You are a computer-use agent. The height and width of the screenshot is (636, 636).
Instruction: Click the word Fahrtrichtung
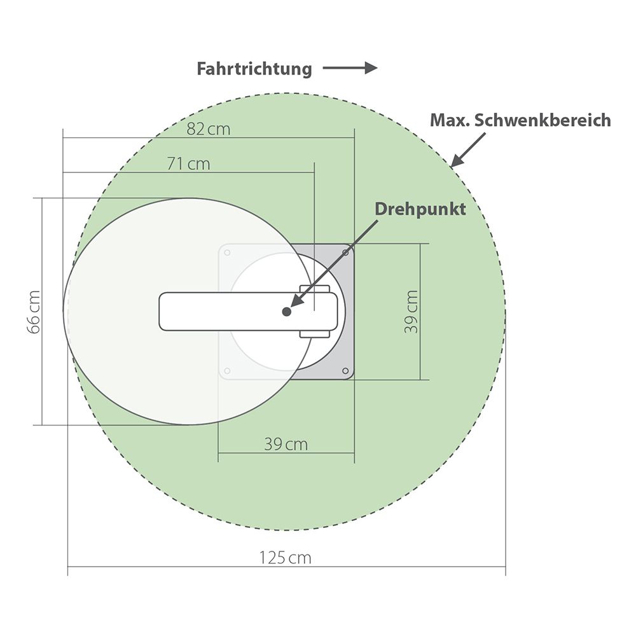click(x=254, y=69)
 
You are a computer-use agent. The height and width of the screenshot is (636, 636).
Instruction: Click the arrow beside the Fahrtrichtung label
click(x=350, y=68)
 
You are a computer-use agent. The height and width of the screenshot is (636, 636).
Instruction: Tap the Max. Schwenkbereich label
click(x=520, y=120)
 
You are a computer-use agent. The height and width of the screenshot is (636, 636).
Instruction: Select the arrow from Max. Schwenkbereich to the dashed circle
click(x=468, y=149)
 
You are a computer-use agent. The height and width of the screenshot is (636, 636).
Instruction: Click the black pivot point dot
click(x=287, y=312)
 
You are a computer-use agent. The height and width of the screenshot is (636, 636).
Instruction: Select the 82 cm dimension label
click(x=208, y=129)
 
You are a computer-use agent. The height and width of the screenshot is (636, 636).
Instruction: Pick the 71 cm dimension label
click(x=189, y=164)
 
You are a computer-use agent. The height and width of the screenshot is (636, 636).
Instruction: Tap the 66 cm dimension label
click(x=34, y=312)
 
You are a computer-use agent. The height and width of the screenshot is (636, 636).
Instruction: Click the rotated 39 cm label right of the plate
click(x=411, y=312)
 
